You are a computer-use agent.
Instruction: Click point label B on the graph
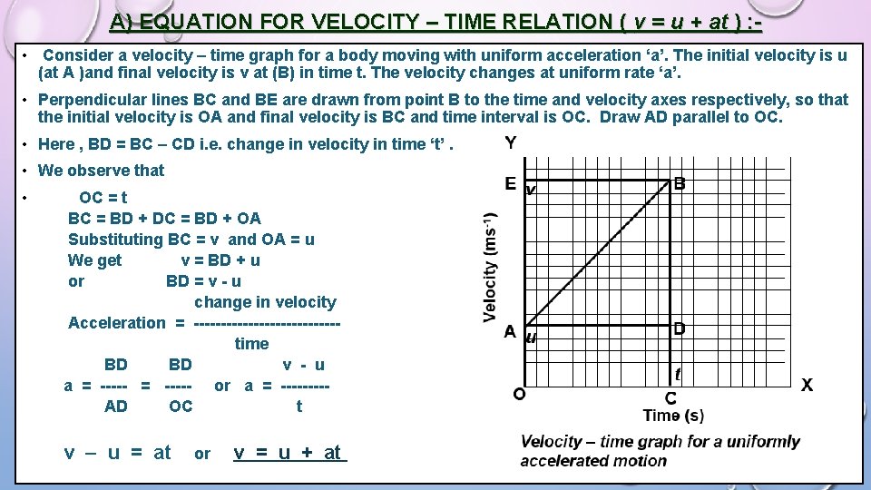point(680,184)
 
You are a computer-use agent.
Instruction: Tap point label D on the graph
point(680,328)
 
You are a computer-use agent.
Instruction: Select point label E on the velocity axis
point(511,184)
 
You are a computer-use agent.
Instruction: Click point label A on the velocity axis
point(511,332)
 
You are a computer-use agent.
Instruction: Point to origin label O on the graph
point(518,394)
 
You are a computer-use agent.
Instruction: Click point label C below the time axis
point(670,398)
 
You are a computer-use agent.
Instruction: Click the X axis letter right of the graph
point(807,385)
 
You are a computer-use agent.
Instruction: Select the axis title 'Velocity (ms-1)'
point(491,268)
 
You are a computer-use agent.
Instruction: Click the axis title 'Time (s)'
point(673,416)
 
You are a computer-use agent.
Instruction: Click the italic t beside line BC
point(678,373)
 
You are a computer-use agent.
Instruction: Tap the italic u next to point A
point(532,338)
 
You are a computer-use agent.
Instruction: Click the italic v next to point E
point(531,191)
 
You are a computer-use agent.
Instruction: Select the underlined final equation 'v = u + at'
point(289,452)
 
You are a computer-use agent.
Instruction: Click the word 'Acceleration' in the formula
point(117,323)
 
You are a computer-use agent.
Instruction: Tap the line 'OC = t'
point(103,198)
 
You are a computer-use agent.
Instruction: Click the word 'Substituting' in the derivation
point(115,240)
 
